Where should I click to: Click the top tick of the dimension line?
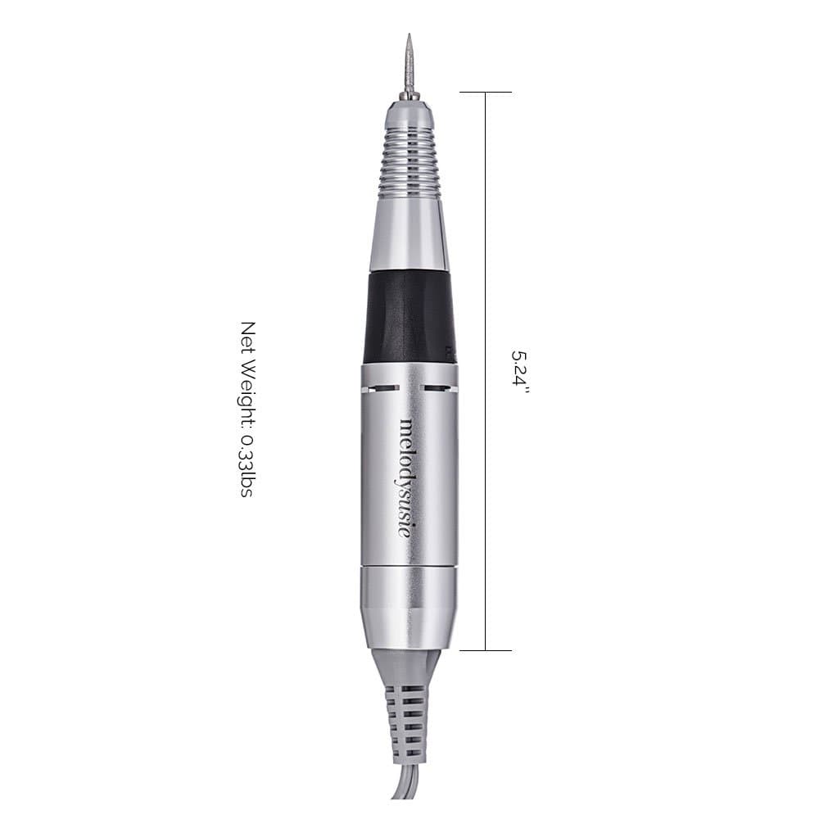coord(486,93)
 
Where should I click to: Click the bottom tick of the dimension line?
coord(486,650)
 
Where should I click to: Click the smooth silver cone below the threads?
coord(409,234)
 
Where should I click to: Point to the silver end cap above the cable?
coord(407,606)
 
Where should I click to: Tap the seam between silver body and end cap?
coord(408,566)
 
